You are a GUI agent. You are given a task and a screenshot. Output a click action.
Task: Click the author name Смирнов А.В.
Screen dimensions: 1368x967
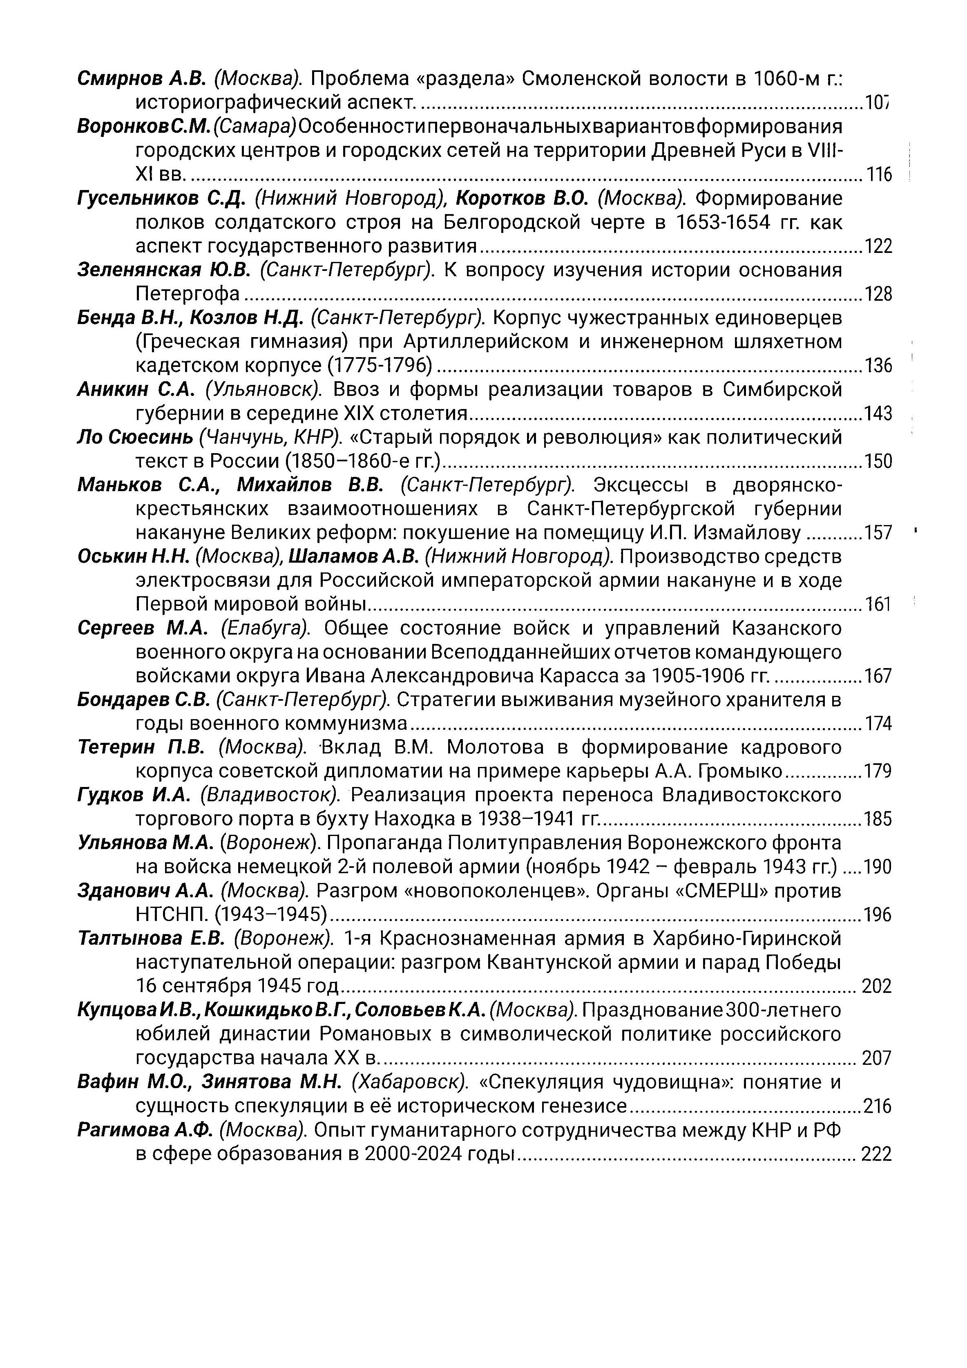[142, 78]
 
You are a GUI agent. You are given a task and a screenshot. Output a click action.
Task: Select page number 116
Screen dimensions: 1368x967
[878, 174]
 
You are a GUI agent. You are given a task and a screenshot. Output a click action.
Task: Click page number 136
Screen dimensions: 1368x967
[878, 365]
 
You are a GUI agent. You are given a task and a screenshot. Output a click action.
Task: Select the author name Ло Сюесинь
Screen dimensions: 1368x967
[135, 437]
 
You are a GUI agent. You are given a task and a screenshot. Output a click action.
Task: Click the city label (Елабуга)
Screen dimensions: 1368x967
[266, 628]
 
